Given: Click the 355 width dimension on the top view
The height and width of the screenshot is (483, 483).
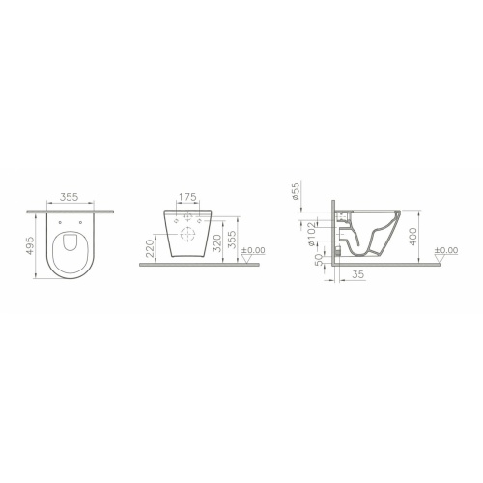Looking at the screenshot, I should tap(68, 197).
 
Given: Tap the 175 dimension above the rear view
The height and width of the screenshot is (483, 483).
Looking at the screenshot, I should tap(188, 197).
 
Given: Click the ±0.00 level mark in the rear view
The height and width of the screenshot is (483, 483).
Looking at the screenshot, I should tap(254, 252).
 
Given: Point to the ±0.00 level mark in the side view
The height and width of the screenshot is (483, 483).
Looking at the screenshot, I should tap(446, 252).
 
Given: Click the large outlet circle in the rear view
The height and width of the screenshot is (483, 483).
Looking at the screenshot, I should tap(189, 233).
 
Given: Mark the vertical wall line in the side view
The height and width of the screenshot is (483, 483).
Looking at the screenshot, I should tap(333, 232).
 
